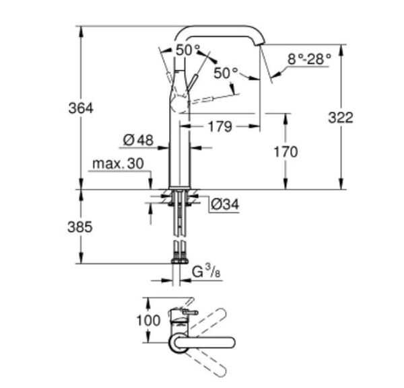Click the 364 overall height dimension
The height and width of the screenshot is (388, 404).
point(80,108)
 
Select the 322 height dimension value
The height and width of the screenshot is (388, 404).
point(340,117)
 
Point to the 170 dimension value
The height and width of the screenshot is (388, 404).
point(285,152)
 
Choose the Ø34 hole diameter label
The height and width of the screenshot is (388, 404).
point(225,203)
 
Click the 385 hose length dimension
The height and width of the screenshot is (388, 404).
point(80,227)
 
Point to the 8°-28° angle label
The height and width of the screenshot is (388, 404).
point(309,59)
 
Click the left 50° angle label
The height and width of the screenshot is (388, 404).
point(188,50)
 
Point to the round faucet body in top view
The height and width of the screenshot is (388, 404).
point(178,342)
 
